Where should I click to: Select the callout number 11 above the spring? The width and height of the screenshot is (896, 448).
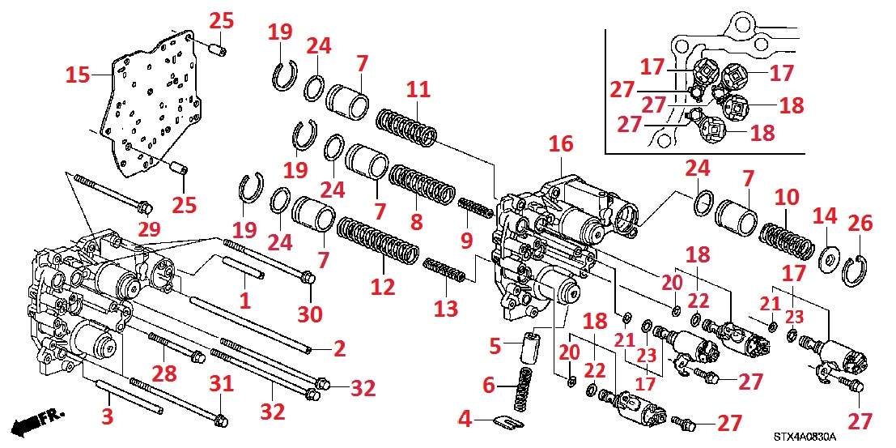pyautogui.click(x=418, y=90)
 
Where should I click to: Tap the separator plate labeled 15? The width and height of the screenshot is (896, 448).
pyautogui.click(x=150, y=101)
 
